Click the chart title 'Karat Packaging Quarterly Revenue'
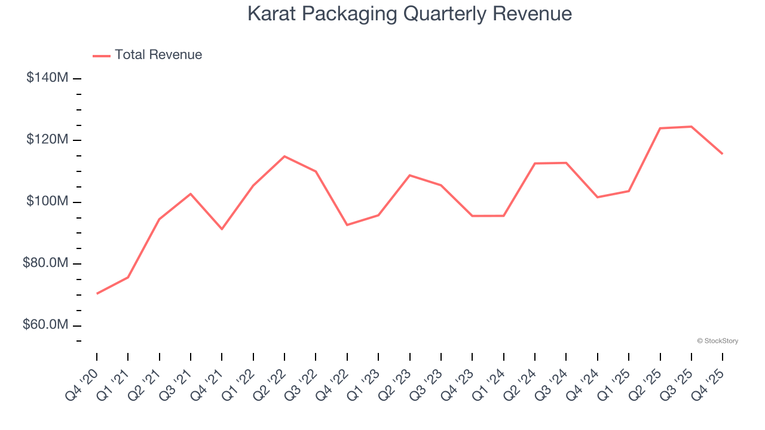tap(409, 14)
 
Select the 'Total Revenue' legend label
tap(158, 55)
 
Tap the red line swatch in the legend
tap(102, 56)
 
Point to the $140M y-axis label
tap(47, 78)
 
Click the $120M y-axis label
tap(47, 140)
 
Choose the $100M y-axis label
tap(47, 201)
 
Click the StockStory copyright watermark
tap(717, 341)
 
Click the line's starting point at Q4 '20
tap(97, 293)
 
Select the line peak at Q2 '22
tap(284, 156)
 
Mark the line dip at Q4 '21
tap(222, 229)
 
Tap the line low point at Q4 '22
tap(347, 225)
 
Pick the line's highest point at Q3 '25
tap(691, 127)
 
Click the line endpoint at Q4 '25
tap(723, 153)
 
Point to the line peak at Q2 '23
tap(410, 175)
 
